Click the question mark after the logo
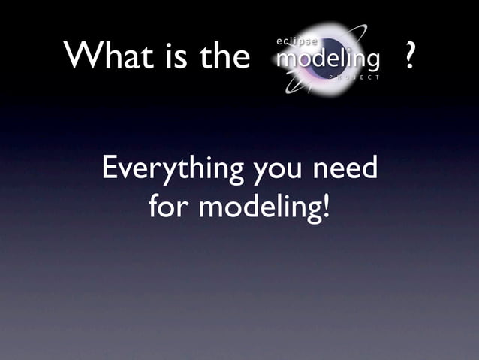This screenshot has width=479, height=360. [x=408, y=57]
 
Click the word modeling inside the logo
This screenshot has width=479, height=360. [x=327, y=59]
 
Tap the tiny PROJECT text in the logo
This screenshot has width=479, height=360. [x=354, y=77]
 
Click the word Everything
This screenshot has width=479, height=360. [x=172, y=169]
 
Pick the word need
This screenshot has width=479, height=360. [x=345, y=168]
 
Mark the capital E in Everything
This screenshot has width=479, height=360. [x=109, y=168]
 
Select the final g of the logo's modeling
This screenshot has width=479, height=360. [x=370, y=62]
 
